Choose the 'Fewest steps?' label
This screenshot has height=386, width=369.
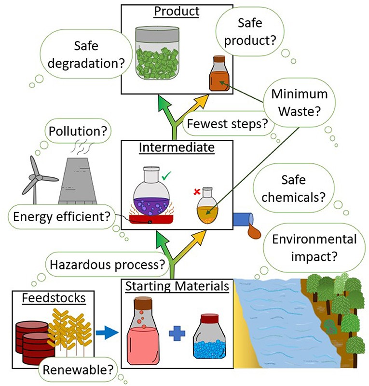click(227, 124)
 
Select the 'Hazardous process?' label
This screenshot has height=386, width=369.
click(108, 264)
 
